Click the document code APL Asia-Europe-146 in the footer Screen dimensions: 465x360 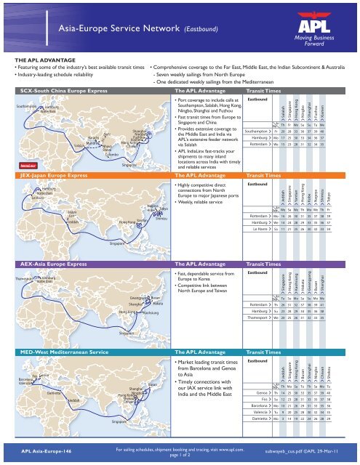click(x=47, y=450)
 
